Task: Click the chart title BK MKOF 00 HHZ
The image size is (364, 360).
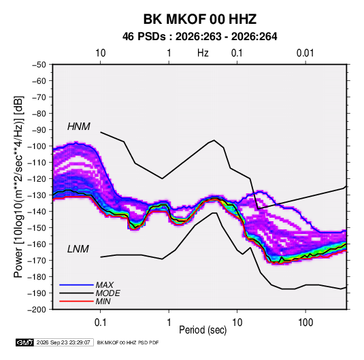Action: pos(200,19)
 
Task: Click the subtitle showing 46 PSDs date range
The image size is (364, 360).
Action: pos(200,37)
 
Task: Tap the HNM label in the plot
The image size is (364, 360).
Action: pos(79,127)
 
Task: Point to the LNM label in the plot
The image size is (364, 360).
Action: pos(78,249)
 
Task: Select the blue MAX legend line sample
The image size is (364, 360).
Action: pos(76,284)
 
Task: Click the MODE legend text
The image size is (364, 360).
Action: pos(107,293)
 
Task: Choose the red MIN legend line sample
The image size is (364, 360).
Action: pos(76,301)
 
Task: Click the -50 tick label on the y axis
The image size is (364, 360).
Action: pos(39,65)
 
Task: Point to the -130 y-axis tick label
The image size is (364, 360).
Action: pos(37,195)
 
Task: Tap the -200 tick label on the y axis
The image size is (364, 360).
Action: pos(37,310)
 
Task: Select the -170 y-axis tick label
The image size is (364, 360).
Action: pos(37,261)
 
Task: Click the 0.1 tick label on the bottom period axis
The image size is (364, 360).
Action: pos(100,323)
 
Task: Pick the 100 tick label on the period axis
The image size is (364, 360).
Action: pos(305,323)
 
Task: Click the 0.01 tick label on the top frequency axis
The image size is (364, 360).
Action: pos(305,53)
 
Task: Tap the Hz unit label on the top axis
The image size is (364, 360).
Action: pos(203,53)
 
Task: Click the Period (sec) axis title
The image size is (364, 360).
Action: pos(203,330)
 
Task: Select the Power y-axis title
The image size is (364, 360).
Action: pos(18,186)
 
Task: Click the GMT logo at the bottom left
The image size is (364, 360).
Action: pos(24,342)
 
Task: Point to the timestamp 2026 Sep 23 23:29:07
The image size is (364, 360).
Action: pos(63,342)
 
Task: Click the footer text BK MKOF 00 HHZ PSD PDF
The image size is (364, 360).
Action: pos(128,342)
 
